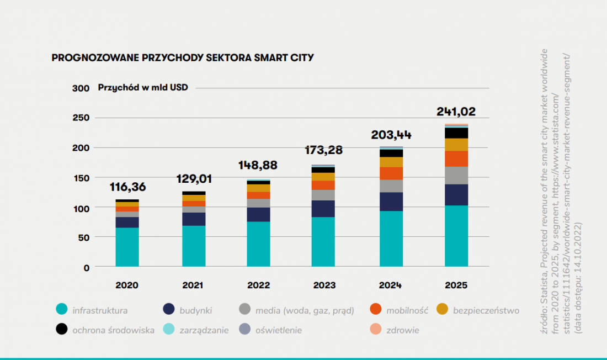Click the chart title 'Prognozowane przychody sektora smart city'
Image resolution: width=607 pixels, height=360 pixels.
(183, 58)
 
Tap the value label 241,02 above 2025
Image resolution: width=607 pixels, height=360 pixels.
(456, 112)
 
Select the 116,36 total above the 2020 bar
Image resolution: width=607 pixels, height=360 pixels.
(128, 187)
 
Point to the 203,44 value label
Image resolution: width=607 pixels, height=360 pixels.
(391, 135)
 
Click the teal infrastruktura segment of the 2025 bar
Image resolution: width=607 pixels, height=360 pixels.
(456, 236)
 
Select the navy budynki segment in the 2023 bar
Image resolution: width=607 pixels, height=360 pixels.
(323, 209)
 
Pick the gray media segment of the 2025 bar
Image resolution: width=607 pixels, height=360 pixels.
(456, 176)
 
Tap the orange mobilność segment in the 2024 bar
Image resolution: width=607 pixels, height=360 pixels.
(391, 173)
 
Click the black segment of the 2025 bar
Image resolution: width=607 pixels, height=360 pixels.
(456, 133)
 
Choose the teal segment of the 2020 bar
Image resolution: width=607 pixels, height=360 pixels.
(127, 247)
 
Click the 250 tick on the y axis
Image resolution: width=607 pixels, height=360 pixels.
(81, 118)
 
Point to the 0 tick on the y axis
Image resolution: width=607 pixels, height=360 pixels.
(86, 268)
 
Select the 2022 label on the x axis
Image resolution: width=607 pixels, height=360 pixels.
(259, 285)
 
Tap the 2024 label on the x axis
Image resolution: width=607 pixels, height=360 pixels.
(390, 285)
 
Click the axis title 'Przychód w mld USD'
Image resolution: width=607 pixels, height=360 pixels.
(143, 88)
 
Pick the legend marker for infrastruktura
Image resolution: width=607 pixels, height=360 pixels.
(62, 309)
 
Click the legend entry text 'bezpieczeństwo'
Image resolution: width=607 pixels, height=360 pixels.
(486, 310)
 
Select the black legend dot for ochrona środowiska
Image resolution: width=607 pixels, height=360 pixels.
(62, 329)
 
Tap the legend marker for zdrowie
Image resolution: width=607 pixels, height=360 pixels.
(375, 329)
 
